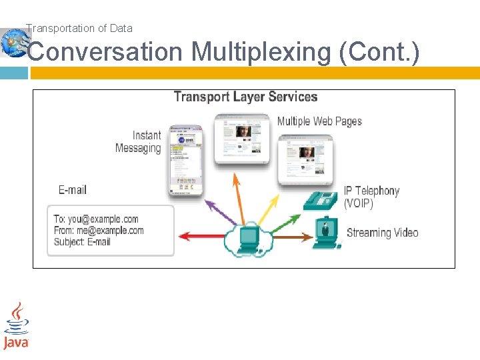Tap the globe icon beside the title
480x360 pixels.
click(13, 43)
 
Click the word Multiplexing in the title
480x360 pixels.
click(261, 52)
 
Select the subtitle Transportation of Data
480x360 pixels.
click(79, 28)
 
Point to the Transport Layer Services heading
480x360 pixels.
click(245, 97)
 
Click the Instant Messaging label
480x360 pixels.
click(139, 142)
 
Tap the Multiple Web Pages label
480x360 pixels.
click(319, 121)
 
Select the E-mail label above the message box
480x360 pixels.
click(73, 190)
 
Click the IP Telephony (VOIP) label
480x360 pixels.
click(372, 197)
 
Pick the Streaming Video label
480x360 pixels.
click(383, 233)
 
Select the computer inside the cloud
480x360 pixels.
click(248, 238)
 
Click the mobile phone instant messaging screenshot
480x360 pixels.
click(185, 160)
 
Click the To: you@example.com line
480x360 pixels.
click(96, 219)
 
